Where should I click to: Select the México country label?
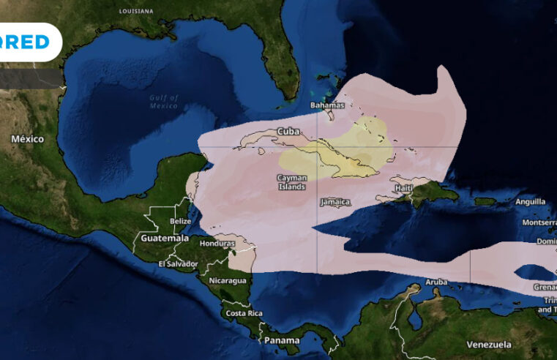[x=27, y=138]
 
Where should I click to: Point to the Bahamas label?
[x=327, y=105]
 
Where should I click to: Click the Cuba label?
[x=288, y=132]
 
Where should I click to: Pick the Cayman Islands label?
[x=292, y=181]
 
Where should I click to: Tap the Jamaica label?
[x=336, y=201]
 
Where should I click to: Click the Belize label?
[x=180, y=221]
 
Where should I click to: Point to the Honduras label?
[x=217, y=244]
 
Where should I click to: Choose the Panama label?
[x=282, y=340]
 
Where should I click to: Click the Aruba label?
[x=436, y=282]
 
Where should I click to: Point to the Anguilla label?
[x=530, y=201]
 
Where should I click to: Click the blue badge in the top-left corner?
[x=29, y=42]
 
